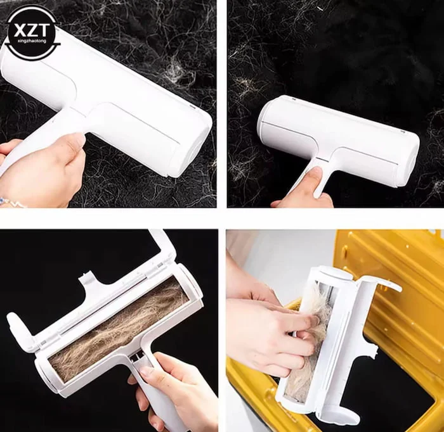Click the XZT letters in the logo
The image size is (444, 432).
point(32,30)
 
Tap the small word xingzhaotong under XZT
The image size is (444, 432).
point(32,41)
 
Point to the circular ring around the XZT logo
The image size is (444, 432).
point(32,7)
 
